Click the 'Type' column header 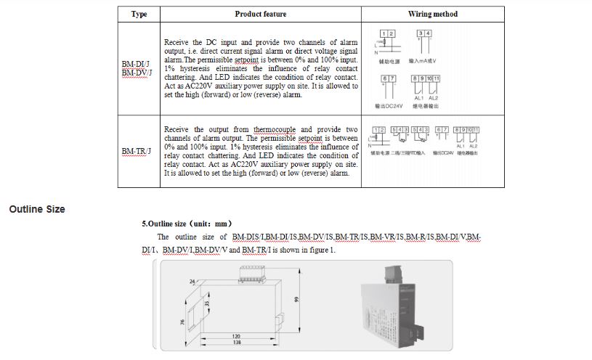(x=139, y=14)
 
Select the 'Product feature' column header (x=260, y=14)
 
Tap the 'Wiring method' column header (x=432, y=14)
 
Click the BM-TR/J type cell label (x=137, y=151)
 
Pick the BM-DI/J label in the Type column (x=136, y=64)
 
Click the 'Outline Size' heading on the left (x=37, y=209)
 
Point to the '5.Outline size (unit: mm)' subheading (x=187, y=224)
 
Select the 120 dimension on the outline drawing (x=237, y=335)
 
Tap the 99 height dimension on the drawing (x=297, y=299)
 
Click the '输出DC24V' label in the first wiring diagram (x=389, y=106)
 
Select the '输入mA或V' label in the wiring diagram (x=423, y=61)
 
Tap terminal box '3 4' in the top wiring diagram (x=423, y=34)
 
